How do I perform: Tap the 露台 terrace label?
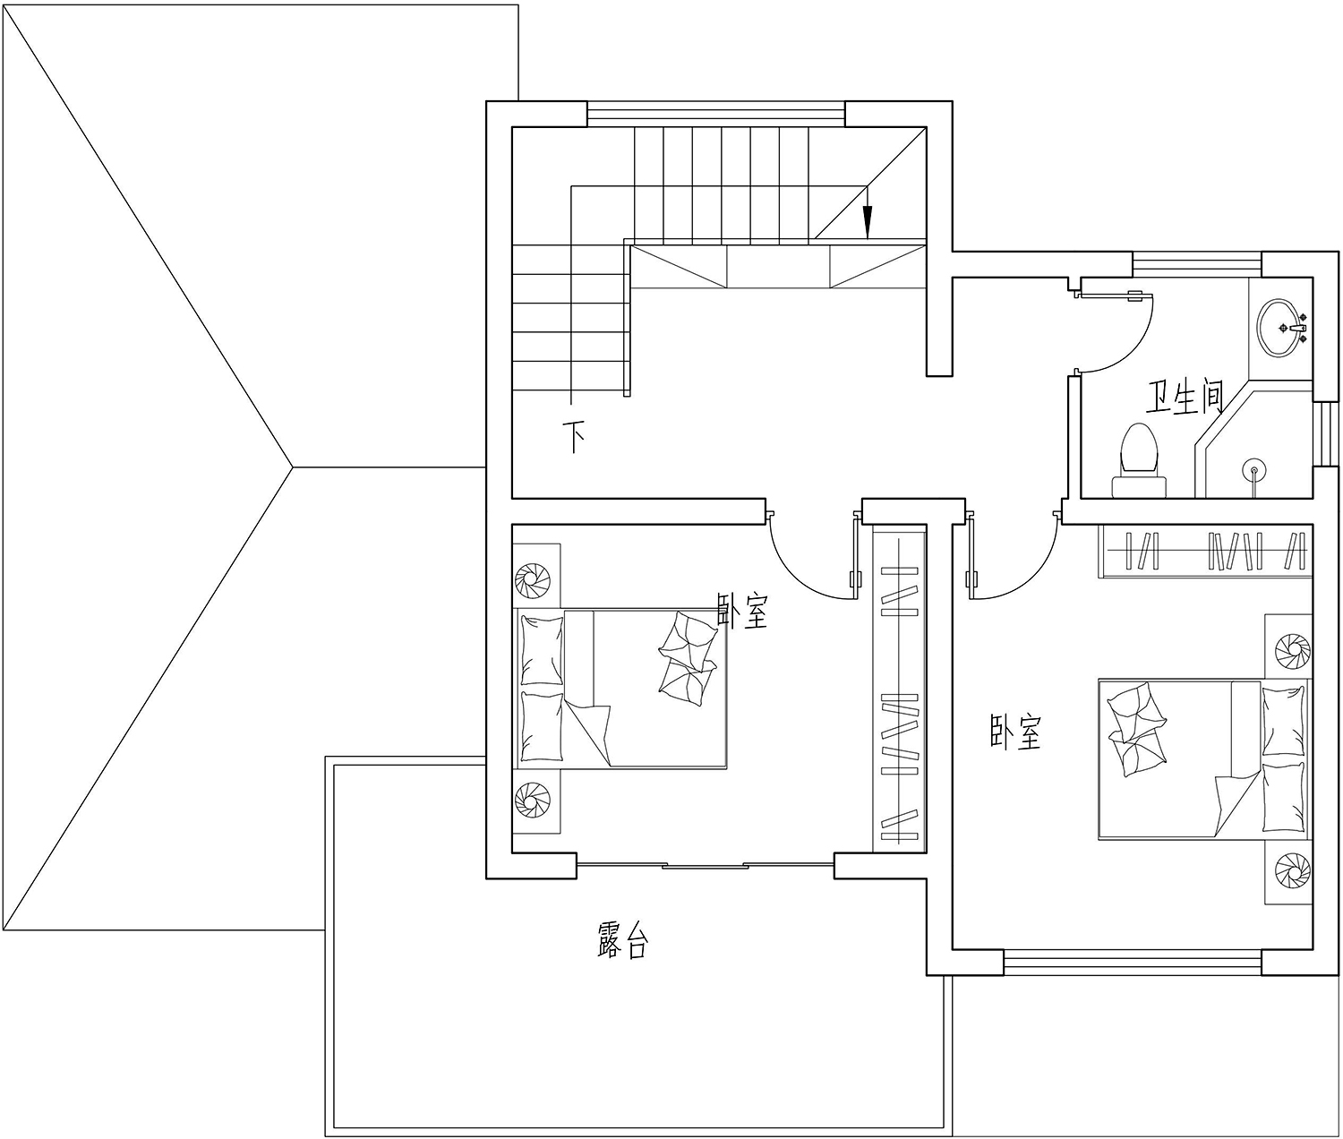pyautogui.click(x=622, y=939)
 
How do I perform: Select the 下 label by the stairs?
pyautogui.click(x=574, y=437)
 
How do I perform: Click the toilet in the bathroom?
pyautogui.click(x=1139, y=460)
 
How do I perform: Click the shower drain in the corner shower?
pyautogui.click(x=1254, y=469)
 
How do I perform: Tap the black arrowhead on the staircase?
pyautogui.click(x=868, y=222)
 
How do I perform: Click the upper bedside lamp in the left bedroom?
pyautogui.click(x=532, y=578)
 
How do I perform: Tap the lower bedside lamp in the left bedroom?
pyautogui.click(x=532, y=797)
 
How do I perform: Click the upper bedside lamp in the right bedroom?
pyautogui.click(x=1293, y=649)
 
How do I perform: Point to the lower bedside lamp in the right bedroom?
pyautogui.click(x=1293, y=870)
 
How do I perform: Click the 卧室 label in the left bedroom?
pyautogui.click(x=741, y=610)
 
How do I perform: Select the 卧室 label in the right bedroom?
pyautogui.click(x=1015, y=732)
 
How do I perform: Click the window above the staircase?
pyautogui.click(x=716, y=115)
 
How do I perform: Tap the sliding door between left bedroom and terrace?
pyautogui.click(x=705, y=865)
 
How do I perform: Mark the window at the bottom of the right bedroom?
pyautogui.click(x=1133, y=962)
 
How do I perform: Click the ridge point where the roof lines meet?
pyautogui.click(x=293, y=467)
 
